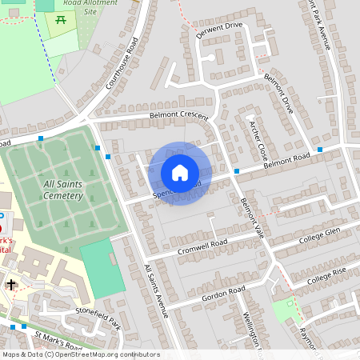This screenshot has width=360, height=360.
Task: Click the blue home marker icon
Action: (180, 173)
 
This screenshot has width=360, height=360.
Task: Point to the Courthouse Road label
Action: (122, 63)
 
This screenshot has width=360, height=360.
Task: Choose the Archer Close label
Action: (257, 138)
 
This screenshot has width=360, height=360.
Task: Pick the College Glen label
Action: (320, 234)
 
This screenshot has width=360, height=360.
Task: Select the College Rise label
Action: (327, 273)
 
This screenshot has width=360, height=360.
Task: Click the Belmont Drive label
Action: (280, 94)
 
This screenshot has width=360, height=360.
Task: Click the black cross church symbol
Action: (11, 284)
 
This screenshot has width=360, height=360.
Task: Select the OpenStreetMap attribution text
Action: (80, 354)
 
